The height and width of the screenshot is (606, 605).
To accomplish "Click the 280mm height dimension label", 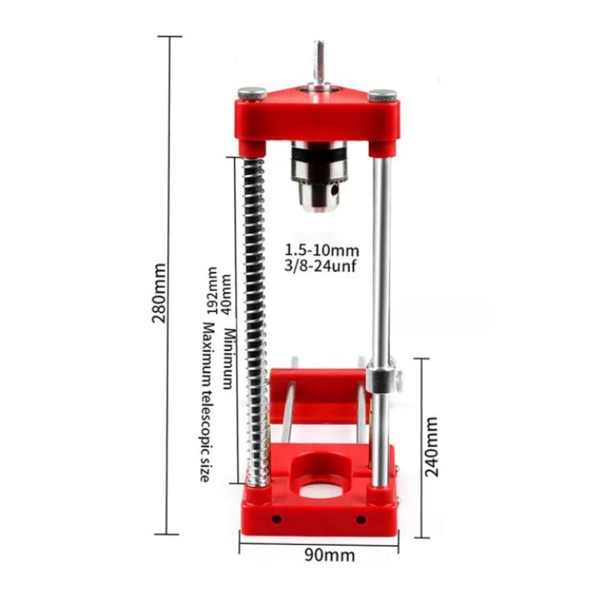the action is tap(159, 293).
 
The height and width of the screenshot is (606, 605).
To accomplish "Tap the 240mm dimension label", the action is tap(431, 446).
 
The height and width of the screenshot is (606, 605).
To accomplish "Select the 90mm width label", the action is tap(330, 555).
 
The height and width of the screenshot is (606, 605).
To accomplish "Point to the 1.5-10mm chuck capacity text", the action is tap(322, 250).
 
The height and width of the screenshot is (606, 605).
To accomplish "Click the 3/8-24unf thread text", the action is tap(320, 266).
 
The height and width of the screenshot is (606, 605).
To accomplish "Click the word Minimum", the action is tap(228, 358).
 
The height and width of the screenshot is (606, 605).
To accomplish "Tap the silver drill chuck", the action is tap(319, 176).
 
